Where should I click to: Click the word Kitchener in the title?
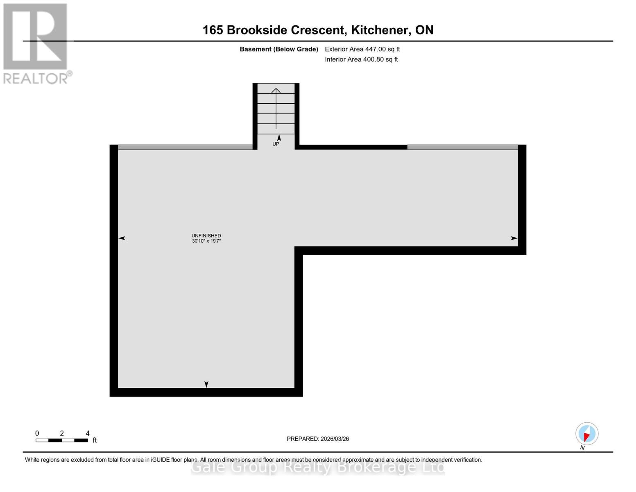pyautogui.click(x=380, y=30)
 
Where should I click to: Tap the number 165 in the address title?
pyautogui.click(x=213, y=30)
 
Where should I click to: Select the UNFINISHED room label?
pyautogui.click(x=206, y=236)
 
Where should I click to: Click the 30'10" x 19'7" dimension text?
pyautogui.click(x=206, y=241)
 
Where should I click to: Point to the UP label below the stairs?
pyautogui.click(x=276, y=144)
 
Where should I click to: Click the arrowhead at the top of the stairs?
pyautogui.click(x=276, y=90)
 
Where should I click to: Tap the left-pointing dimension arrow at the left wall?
pyautogui.click(x=122, y=238)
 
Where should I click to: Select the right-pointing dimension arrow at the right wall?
pyautogui.click(x=514, y=238)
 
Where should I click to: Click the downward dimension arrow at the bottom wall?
pyautogui.click(x=206, y=384)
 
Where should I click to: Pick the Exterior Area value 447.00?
pyautogui.click(x=376, y=49)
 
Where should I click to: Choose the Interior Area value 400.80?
pyautogui.click(x=374, y=59)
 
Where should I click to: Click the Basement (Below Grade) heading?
pyautogui.click(x=279, y=49)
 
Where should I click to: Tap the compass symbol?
pyautogui.click(x=587, y=434)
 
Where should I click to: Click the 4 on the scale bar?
pyautogui.click(x=88, y=433)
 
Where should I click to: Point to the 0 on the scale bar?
pyautogui.click(x=37, y=433)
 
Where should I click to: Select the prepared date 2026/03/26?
pyautogui.click(x=335, y=439)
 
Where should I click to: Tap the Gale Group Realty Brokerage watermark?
pyautogui.click(x=318, y=467)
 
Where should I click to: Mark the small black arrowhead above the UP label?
pyautogui.click(x=279, y=138)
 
